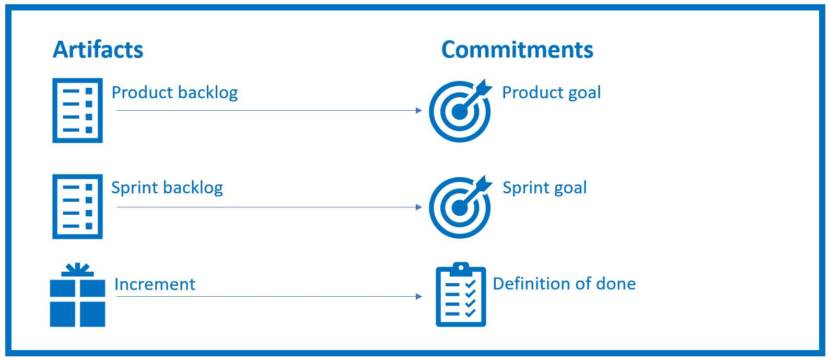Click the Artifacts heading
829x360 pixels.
point(98,50)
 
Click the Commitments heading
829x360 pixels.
point(517,50)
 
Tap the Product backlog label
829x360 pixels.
point(174,92)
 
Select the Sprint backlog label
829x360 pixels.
point(167,188)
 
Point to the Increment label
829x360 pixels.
point(155,284)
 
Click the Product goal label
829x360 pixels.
point(551,92)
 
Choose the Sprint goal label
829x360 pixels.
point(544,188)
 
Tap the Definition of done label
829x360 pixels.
point(564,284)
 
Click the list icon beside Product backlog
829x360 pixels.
point(77,110)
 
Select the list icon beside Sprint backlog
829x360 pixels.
point(77,206)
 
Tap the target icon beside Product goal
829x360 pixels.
point(460,111)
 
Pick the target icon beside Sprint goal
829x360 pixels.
point(460,207)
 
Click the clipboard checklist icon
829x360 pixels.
point(461,295)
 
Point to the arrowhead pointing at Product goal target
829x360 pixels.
point(418,110)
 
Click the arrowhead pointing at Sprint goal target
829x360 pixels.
point(418,207)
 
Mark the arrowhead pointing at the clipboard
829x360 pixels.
point(418,297)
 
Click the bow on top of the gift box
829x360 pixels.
point(77,269)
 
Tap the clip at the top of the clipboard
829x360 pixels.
point(460,268)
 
